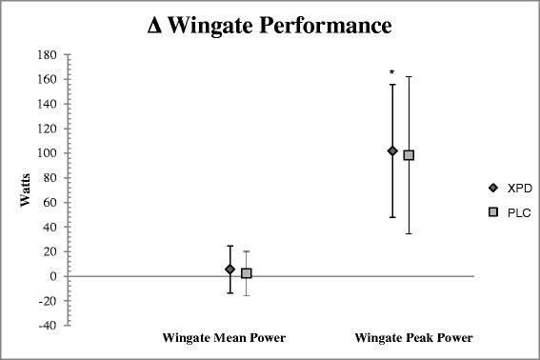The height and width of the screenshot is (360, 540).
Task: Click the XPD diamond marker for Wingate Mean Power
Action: coord(230,270)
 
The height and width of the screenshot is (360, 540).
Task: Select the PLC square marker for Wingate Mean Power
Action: coord(247,273)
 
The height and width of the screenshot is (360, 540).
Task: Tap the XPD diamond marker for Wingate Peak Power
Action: coord(392,150)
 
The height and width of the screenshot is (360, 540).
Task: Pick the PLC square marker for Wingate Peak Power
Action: coord(409,155)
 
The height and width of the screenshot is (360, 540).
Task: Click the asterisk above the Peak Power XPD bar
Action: coord(392,72)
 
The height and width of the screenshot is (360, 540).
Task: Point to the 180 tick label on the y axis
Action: coord(48,55)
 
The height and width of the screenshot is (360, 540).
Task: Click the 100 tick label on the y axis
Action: coord(48,153)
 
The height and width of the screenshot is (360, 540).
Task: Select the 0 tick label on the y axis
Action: coord(53,276)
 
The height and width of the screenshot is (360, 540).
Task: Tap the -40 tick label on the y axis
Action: coord(48,326)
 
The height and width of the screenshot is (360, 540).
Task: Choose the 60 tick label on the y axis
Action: coord(50,203)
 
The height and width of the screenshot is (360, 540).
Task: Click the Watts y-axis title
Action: coord(25,190)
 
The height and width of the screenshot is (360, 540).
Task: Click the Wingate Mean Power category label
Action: coord(224,338)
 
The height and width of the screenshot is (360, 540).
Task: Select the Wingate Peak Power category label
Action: coord(414,338)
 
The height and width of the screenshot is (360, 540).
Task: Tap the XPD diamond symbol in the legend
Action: coord(493,189)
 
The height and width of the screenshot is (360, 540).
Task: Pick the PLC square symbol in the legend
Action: coord(493,212)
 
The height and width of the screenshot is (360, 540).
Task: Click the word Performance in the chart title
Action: coord(326,25)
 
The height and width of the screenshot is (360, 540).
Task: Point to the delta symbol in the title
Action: coord(154,26)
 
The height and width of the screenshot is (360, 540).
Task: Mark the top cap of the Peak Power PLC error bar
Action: coord(409,77)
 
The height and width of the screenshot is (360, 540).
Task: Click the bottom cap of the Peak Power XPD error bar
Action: coord(392,217)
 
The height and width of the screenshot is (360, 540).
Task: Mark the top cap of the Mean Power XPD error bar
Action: coord(230,246)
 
